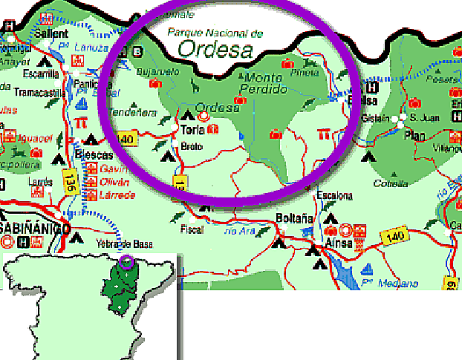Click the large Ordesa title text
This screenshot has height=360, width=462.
tap(215, 49)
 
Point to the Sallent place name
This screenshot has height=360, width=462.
tap(51, 33)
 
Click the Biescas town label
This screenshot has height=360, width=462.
tap(94, 155)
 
